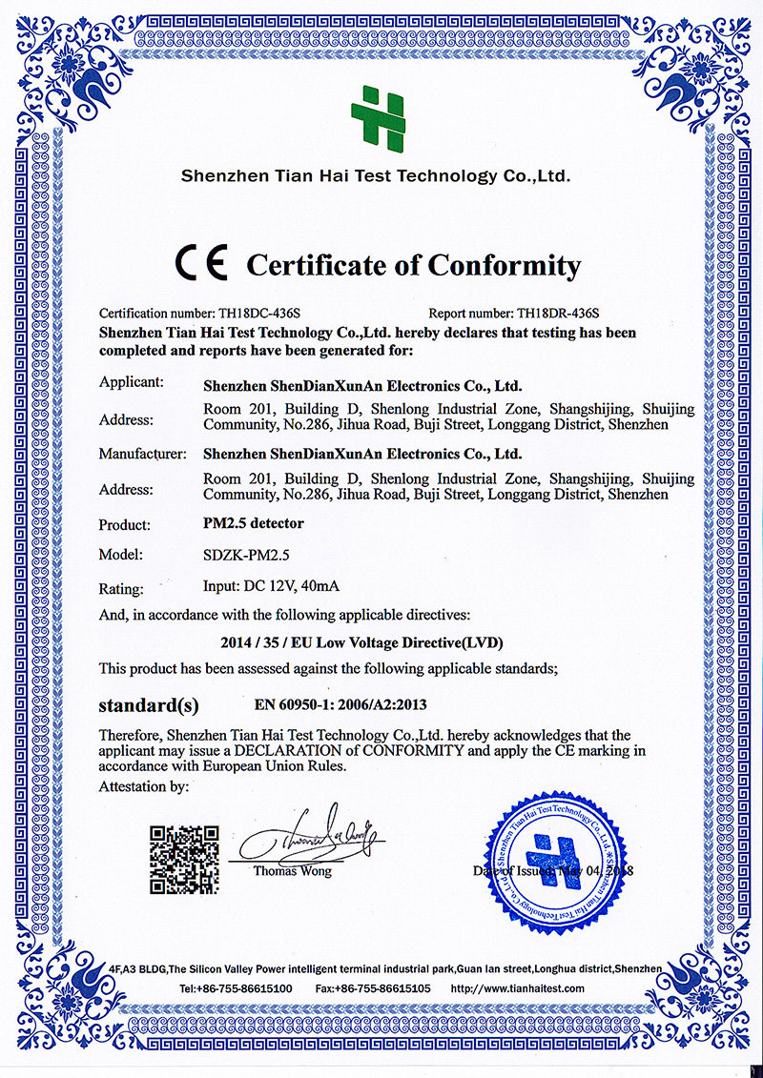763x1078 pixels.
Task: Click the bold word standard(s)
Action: (x=149, y=706)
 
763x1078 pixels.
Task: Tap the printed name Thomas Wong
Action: (x=293, y=871)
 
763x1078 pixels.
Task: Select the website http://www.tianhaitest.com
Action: (x=517, y=988)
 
